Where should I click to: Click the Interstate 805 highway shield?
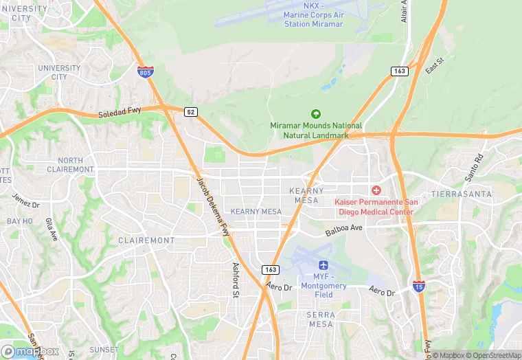[145, 71]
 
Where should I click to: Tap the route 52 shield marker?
[191, 111]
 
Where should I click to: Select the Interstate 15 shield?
[419, 286]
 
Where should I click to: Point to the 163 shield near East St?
[400, 71]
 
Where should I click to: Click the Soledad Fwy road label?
[120, 115]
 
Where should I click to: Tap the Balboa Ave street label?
[344, 227]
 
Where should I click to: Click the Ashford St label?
[235, 280]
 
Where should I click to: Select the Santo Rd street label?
[473, 168]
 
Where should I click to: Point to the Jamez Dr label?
[26, 201]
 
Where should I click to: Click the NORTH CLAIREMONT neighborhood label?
[70, 165]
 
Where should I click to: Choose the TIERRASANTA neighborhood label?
[462, 194]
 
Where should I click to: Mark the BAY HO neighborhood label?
[19, 221]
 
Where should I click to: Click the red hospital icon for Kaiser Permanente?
[376, 190]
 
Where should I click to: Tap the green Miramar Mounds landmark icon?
[316, 114]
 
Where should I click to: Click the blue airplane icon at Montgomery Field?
[323, 265]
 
